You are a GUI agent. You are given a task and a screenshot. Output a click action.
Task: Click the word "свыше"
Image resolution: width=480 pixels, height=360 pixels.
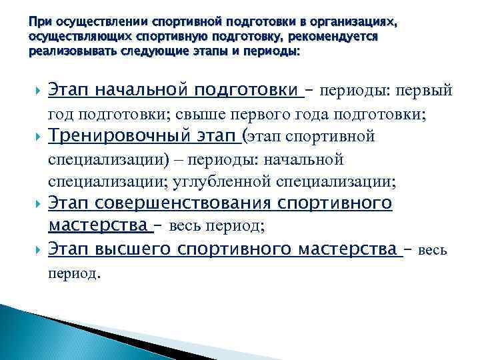(199, 114)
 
